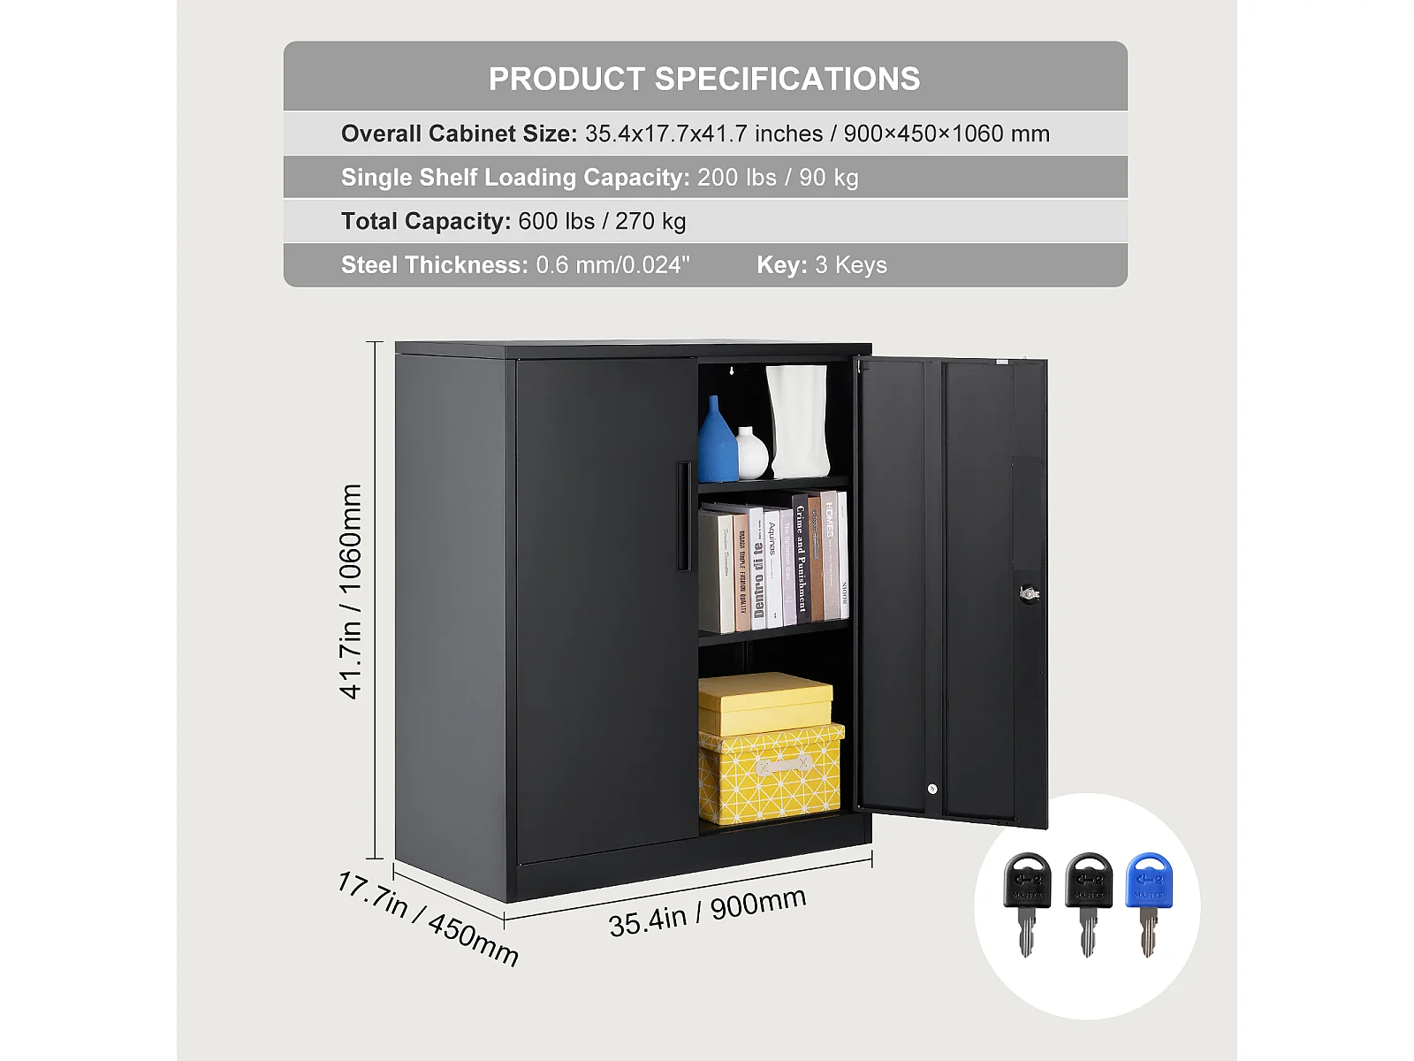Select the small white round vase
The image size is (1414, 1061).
[751, 454]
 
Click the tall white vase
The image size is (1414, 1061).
[798, 420]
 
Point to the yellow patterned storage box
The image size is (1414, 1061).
[770, 775]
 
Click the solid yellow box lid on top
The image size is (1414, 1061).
[765, 702]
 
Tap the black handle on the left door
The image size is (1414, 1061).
[683, 515]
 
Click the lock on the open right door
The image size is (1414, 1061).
[1029, 593]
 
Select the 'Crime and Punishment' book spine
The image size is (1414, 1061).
[801, 559]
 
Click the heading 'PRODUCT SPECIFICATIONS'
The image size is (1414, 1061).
[704, 79]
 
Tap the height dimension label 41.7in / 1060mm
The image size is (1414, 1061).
[351, 592]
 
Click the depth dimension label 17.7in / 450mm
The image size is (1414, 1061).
[428, 920]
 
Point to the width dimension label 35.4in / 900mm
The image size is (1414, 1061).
[707, 912]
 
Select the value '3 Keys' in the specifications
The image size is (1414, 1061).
[851, 265]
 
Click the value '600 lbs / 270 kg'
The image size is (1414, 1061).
[602, 221]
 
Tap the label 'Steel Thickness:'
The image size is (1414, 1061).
[434, 265]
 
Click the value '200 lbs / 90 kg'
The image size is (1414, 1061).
[778, 178]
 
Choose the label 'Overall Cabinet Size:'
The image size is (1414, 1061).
[459, 134]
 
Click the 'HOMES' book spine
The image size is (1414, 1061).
[829, 553]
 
